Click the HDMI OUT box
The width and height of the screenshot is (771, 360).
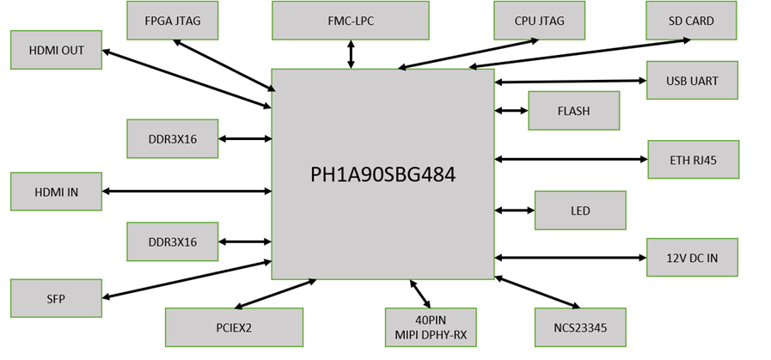57,50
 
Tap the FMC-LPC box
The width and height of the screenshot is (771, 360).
350,21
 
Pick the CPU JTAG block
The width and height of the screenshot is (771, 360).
539,21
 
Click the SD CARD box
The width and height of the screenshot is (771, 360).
691,21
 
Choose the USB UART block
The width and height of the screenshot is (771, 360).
691,81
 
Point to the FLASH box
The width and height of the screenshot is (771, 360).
573,111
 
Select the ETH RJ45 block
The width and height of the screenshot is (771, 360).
693,159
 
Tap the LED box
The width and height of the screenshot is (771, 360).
580,211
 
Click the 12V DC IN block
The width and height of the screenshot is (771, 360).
692,258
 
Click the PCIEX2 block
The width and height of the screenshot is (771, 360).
234,327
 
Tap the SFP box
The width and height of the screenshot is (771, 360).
57,298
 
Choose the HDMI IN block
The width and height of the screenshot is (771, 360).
57,192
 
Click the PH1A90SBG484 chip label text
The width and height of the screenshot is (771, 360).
382,174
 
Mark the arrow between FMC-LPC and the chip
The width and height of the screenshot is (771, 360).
350,53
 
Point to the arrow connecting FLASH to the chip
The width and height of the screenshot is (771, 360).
511,111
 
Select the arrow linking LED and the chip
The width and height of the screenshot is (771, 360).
514,211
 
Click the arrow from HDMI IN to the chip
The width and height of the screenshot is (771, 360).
187,192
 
